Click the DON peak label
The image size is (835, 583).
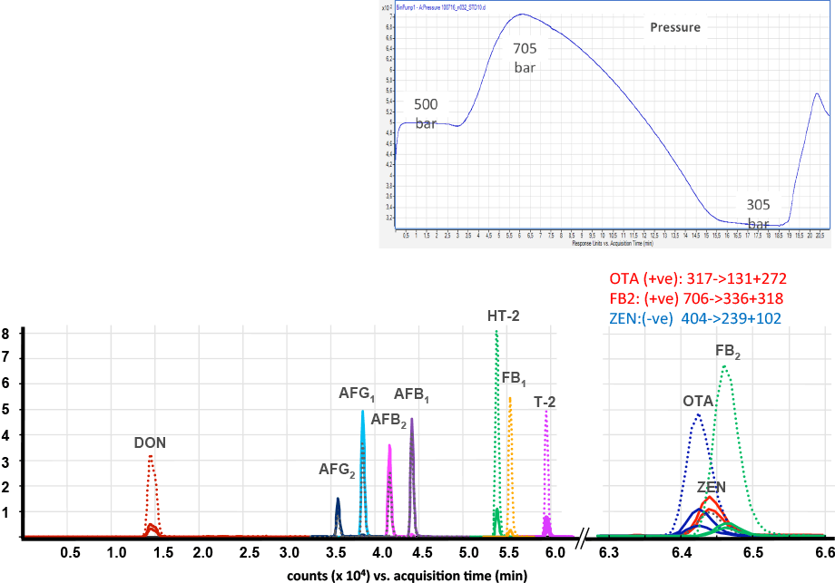pyautogui.click(x=150, y=443)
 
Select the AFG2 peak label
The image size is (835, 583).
pyautogui.click(x=336, y=470)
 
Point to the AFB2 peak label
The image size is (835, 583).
pyautogui.click(x=389, y=420)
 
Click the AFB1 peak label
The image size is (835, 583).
pyautogui.click(x=411, y=394)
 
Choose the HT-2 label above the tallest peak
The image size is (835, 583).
pyautogui.click(x=505, y=316)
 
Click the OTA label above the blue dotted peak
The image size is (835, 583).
pyautogui.click(x=697, y=400)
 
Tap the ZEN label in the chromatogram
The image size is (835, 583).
pyautogui.click(x=712, y=487)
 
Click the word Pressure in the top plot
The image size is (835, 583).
pyautogui.click(x=674, y=27)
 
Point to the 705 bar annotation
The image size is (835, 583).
pyautogui.click(x=526, y=57)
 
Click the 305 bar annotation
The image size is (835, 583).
pyautogui.click(x=759, y=214)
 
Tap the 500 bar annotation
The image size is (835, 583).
pyautogui.click(x=426, y=113)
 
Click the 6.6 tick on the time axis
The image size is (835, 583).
pyautogui.click(x=823, y=551)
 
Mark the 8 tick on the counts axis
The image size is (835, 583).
pyautogui.click(x=6, y=333)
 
